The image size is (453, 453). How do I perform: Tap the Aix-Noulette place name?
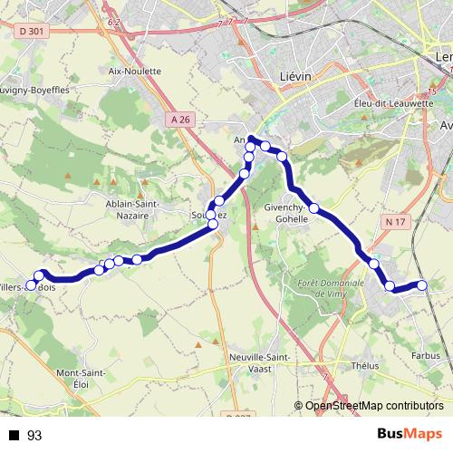point(134,71)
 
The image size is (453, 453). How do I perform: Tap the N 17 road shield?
point(394,222)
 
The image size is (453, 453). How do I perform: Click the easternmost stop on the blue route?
point(421,286)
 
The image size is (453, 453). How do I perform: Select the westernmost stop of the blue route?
point(31,284)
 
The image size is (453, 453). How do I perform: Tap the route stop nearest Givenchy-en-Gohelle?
point(313,208)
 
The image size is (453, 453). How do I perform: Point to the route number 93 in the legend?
point(34,436)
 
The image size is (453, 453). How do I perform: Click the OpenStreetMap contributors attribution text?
point(374,406)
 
